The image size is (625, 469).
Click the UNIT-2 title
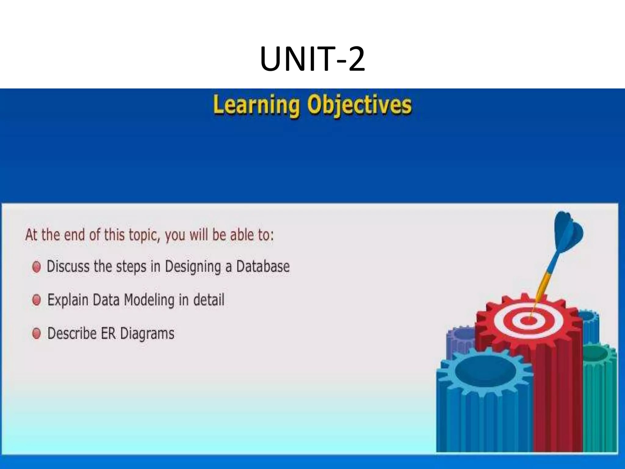click(312, 59)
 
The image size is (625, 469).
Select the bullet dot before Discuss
click(36, 267)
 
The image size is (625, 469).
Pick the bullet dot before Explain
click(36, 300)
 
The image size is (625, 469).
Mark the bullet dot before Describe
click(36, 333)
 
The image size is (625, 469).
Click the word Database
click(263, 266)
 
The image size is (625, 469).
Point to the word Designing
click(193, 267)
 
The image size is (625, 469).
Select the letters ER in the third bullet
click(108, 333)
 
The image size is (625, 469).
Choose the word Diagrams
click(147, 334)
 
